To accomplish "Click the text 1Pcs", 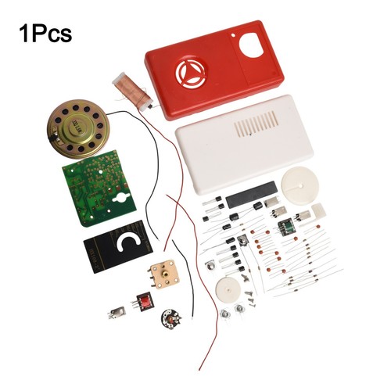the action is coord(45,34).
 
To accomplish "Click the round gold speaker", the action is coord(77,129).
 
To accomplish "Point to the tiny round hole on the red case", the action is coord(233,34).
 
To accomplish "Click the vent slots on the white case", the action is coord(256,124).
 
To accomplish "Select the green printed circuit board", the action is coord(99,188).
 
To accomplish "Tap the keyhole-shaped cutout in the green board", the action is coord(121,198).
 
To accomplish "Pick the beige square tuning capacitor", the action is coord(163,273).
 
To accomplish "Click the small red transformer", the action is coord(143,302).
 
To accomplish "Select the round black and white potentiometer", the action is coord(170,318).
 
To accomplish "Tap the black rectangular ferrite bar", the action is coord(251,195).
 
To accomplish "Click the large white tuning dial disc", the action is coord(300,186).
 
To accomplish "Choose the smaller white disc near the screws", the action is coord(228,290).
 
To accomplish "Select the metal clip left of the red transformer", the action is coord(117,313).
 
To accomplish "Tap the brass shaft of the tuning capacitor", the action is coord(163,273).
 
